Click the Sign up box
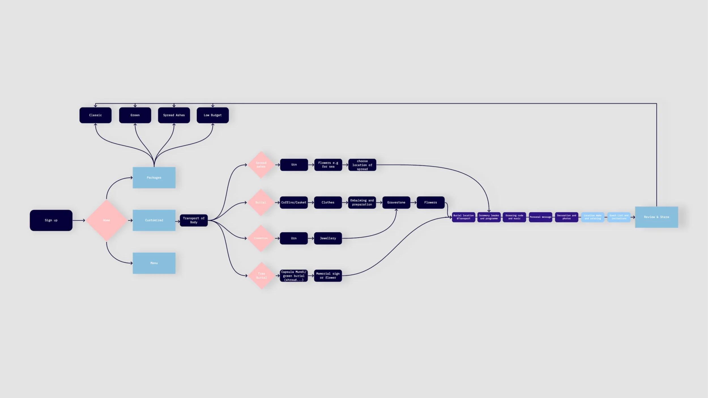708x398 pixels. (x=51, y=220)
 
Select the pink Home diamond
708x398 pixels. (x=106, y=220)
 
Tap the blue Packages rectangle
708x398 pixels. (x=154, y=177)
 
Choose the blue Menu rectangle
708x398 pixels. (x=154, y=263)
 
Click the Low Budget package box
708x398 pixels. (x=213, y=115)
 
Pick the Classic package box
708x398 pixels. (x=95, y=115)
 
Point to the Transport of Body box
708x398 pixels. (x=194, y=220)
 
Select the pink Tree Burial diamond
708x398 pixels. (x=261, y=275)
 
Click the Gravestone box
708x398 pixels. (x=396, y=202)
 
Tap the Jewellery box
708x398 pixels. (x=328, y=238)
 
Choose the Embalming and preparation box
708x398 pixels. (x=362, y=202)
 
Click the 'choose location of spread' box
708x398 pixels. (x=362, y=165)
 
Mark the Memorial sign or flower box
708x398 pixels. (x=328, y=276)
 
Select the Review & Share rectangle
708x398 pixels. (x=656, y=217)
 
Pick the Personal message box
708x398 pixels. (x=540, y=217)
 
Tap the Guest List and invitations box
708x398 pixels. (x=619, y=217)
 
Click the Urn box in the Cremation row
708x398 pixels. (x=294, y=238)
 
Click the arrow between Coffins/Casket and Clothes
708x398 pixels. (x=311, y=202)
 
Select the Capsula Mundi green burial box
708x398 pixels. (x=294, y=276)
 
